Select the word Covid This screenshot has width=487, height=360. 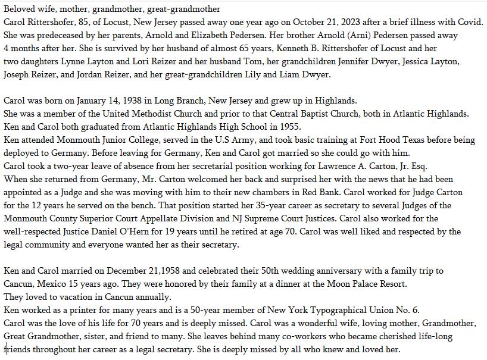pyautogui.click(x=470, y=22)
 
